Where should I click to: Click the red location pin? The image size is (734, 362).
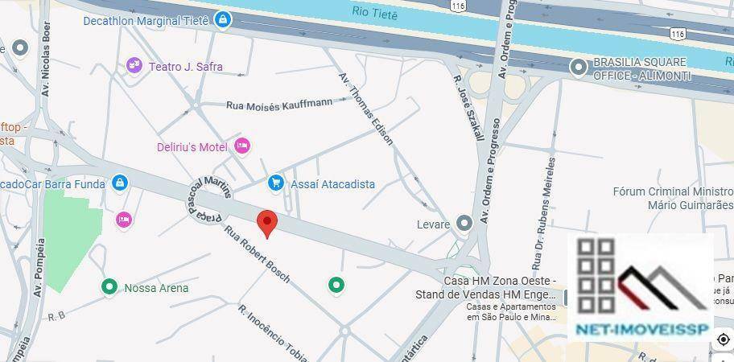pyautogui.click(x=267, y=221)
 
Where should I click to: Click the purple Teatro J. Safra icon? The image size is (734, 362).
pyautogui.click(x=134, y=66)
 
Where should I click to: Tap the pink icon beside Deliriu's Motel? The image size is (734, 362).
pyautogui.click(x=241, y=146)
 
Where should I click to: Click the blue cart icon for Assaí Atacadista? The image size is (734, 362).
pyautogui.click(x=276, y=183)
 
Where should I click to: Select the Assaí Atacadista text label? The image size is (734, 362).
pyautogui.click(x=332, y=184)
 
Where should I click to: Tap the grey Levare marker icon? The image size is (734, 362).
pyautogui.click(x=464, y=223)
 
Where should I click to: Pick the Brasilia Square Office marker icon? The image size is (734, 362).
pyautogui.click(x=577, y=68)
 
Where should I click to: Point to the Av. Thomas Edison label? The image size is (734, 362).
pyautogui.click(x=366, y=108)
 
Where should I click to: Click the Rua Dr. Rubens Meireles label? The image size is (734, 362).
pyautogui.click(x=543, y=213)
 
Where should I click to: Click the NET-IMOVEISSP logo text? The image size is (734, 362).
pyautogui.click(x=641, y=331)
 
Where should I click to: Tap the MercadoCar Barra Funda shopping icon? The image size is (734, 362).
pyautogui.click(x=119, y=183)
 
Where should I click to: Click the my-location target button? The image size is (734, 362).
pyautogui.click(x=723, y=339)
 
